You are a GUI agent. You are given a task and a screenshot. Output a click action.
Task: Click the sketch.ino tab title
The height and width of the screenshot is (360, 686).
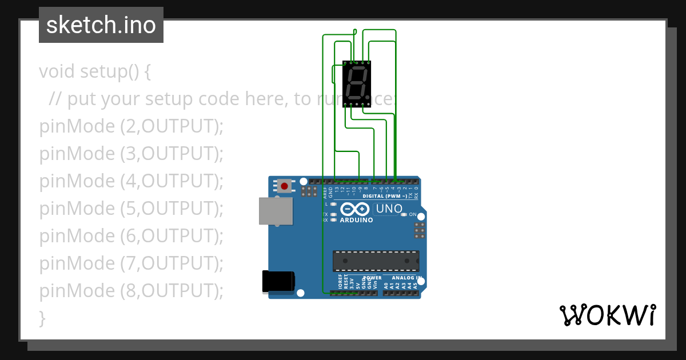tap(101, 25)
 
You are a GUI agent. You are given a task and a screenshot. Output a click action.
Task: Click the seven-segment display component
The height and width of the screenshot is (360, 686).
tap(357, 83)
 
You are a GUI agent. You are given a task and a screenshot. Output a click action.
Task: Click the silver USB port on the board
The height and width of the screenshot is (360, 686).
tap(276, 211)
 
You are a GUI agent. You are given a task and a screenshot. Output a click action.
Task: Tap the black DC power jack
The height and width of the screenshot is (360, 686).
tap(278, 281)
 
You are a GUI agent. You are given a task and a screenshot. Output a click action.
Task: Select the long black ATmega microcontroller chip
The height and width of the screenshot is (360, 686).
tap(376, 261)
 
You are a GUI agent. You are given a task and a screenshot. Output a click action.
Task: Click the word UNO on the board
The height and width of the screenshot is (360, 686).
tap(389, 209)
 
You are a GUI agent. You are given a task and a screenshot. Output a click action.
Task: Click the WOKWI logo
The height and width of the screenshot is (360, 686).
tap(608, 315)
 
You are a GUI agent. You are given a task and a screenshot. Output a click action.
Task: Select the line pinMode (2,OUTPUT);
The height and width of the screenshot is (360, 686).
tap(131, 126)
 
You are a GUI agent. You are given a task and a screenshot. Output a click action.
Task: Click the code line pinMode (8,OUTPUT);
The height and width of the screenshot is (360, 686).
tap(131, 290)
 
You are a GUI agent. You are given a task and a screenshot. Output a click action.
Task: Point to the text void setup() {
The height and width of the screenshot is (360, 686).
tap(95, 71)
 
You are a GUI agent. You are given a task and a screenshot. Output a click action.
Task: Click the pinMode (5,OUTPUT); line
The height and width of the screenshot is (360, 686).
tap(131, 208)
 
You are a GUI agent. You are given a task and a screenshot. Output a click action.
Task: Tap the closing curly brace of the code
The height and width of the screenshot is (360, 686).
tap(42, 318)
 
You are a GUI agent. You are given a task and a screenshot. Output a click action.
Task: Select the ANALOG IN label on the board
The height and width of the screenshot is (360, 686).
tap(406, 278)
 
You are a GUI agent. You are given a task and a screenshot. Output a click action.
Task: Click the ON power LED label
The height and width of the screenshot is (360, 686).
tap(413, 214)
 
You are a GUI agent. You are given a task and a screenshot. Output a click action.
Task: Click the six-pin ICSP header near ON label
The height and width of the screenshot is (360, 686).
tap(420, 230)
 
